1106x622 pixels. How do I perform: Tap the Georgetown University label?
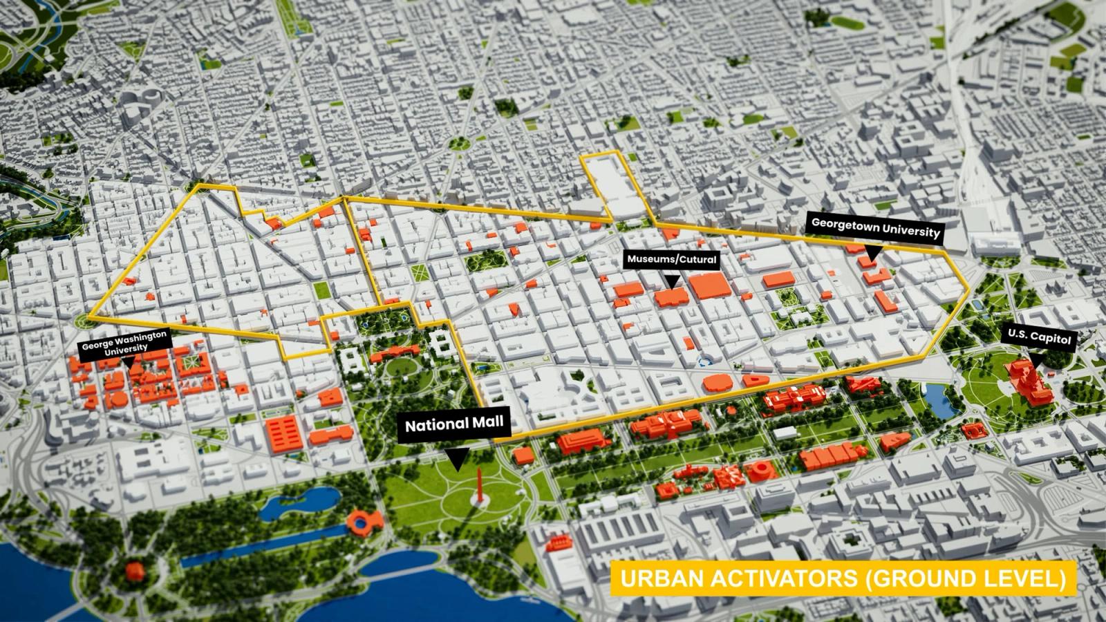[x=875, y=228]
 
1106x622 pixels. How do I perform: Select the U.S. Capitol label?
[x=1039, y=337]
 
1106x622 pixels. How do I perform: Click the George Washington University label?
[x=124, y=341]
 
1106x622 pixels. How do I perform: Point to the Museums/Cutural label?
[x=672, y=260]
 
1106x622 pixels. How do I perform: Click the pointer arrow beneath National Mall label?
[x=456, y=460]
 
